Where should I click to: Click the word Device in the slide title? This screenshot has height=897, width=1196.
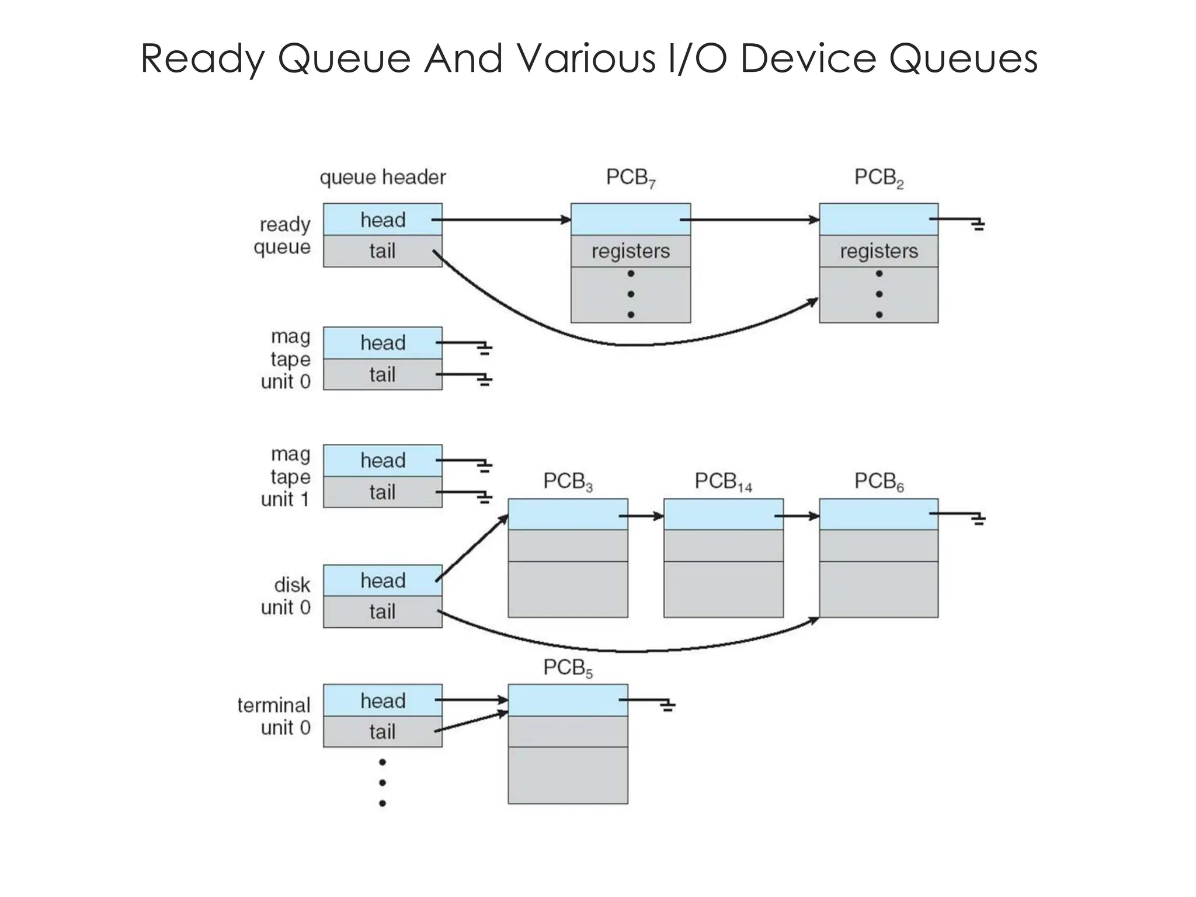[808, 58]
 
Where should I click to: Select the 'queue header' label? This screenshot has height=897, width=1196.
[383, 177]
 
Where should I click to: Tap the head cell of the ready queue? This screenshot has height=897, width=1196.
[383, 220]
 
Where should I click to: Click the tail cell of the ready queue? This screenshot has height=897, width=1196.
[383, 251]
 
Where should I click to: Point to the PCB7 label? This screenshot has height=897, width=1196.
[631, 178]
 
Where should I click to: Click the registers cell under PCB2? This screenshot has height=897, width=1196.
[878, 251]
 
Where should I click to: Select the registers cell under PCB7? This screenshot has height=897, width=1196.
[631, 251]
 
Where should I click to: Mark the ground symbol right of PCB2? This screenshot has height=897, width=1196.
[978, 224]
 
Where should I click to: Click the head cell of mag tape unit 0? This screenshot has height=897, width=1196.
[383, 343]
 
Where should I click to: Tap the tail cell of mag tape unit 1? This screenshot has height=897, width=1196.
[383, 492]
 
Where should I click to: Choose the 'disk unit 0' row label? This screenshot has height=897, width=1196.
[286, 596]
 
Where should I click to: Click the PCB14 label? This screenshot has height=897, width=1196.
[723, 482]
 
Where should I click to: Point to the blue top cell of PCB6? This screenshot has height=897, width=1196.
[878, 514]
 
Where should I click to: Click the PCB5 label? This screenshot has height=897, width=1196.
[568, 668]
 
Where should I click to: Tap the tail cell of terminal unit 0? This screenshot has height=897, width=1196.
[383, 731]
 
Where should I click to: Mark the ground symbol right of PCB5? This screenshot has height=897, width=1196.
[667, 706]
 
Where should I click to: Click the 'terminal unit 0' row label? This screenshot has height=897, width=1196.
[274, 717]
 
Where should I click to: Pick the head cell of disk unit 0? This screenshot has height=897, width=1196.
[383, 580]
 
